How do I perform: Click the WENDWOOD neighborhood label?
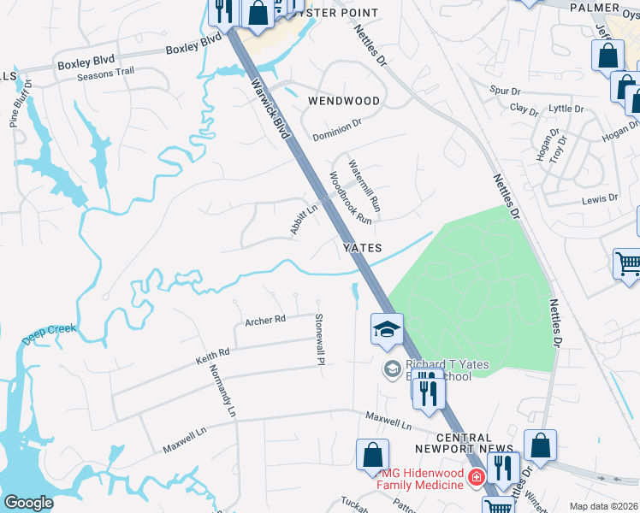[x=343, y=101]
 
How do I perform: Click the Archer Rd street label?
[x=264, y=321]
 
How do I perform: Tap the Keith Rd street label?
[x=213, y=357]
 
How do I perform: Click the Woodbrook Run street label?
[x=351, y=198]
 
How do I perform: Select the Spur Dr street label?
[x=505, y=91]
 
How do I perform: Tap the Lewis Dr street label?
[x=600, y=198]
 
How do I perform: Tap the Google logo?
[x=28, y=502]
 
